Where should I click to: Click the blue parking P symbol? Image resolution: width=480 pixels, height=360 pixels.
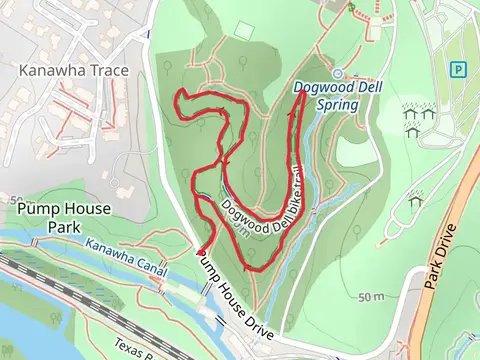tap(458, 69)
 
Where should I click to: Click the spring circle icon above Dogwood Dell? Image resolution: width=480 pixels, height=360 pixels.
tap(337, 73)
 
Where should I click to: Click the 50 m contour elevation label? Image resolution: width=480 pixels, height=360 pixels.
tap(371, 297)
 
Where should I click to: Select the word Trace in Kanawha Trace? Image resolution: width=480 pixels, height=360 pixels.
tap(100, 71)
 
